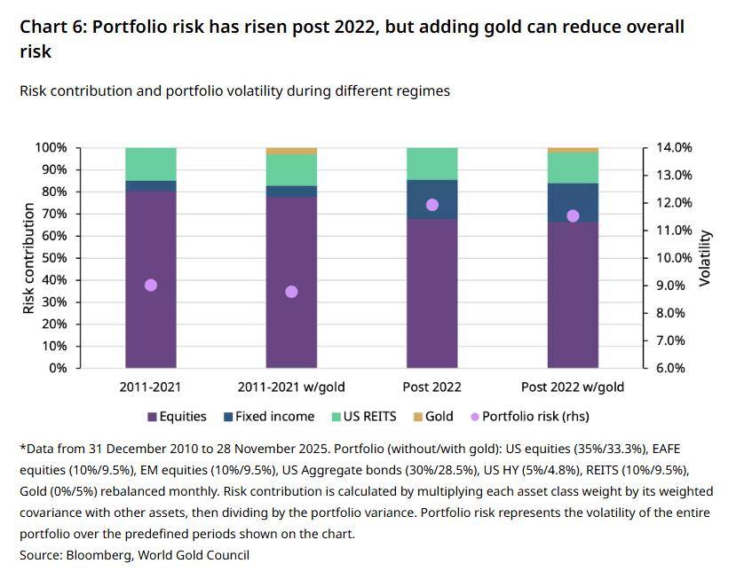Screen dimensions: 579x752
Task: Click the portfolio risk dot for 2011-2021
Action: coord(151,286)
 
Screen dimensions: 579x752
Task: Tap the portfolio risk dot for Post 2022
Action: coord(432,205)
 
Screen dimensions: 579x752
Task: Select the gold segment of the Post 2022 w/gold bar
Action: coord(573,150)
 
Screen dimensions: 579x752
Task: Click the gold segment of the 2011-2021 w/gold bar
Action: coord(291,151)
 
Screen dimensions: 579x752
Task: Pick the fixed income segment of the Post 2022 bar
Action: coord(432,200)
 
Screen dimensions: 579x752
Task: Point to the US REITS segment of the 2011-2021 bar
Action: coord(151,164)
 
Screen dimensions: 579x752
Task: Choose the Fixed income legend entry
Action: coord(274,416)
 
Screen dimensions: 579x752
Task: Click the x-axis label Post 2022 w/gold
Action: coord(573,387)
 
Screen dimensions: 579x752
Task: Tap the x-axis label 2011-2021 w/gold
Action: coord(291,387)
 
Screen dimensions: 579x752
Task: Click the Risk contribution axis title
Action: coord(28,258)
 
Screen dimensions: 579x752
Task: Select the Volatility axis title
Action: coord(706,258)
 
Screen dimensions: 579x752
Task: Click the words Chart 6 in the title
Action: coord(51,27)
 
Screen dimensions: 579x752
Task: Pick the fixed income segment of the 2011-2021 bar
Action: coord(151,186)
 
